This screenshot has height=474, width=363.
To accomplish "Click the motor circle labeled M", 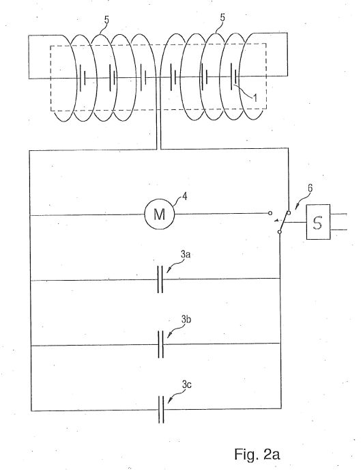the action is point(160,214).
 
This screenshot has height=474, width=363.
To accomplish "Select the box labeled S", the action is point(318,222).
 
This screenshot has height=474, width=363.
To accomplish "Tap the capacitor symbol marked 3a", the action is point(160,279).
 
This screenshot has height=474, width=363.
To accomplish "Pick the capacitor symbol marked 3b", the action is point(161,344).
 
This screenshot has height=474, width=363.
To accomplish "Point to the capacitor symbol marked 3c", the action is point(161,410).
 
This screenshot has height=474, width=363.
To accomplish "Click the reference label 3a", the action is point(186,255).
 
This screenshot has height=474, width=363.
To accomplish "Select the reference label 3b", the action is point(186,319).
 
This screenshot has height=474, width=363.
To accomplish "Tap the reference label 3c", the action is point(187,385).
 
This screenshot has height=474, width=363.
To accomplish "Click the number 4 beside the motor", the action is point(185,197).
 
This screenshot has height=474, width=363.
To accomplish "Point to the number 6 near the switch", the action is point(310,188).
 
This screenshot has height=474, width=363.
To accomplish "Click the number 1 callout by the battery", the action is point(255,98).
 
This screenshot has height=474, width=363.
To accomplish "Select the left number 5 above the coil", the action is point(106,20).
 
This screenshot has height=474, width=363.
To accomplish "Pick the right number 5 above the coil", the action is point(222,18).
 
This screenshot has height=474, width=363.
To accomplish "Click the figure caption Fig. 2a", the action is point(257,454).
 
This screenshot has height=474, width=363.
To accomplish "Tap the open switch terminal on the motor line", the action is point(270,213).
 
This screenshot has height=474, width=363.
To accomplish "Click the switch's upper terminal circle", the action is point(289,213).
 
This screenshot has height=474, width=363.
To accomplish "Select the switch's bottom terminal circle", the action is point(280,232).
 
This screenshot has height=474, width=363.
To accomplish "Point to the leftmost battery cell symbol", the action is point(83,78).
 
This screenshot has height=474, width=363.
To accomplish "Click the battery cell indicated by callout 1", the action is point(233,76).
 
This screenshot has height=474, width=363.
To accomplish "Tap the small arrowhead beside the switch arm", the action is point(276,221).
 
